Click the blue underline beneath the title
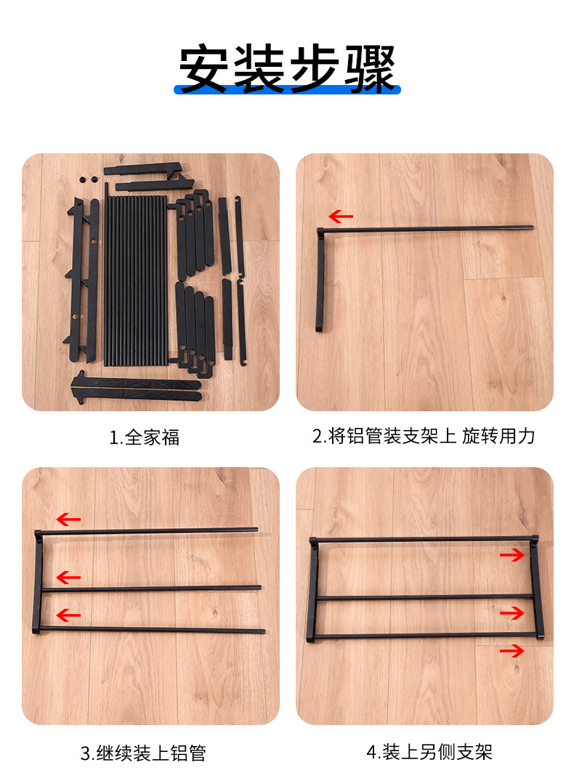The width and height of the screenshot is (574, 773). pyautogui.click(x=287, y=89)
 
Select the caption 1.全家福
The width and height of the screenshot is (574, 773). pyautogui.click(x=145, y=437)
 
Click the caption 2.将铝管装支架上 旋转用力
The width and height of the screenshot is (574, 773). pyautogui.click(x=424, y=436)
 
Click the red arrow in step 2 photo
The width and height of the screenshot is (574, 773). pyautogui.click(x=340, y=216)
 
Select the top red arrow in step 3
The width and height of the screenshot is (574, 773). pyautogui.click(x=68, y=519)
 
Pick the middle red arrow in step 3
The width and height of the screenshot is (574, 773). pyautogui.click(x=68, y=578)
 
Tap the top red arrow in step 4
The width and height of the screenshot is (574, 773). pyautogui.click(x=512, y=555)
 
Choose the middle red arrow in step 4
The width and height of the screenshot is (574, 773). pyautogui.click(x=512, y=613)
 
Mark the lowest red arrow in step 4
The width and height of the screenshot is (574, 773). pyautogui.click(x=512, y=651)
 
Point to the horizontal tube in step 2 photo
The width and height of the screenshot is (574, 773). pyautogui.click(x=429, y=229)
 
